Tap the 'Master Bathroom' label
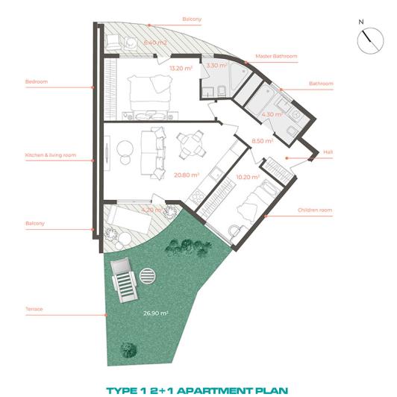(x=276, y=57)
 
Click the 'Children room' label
(x=314, y=210)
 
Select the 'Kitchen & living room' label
(x=47, y=156)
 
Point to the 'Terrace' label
(x=34, y=307)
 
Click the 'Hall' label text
(x=328, y=152)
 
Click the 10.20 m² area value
(x=247, y=178)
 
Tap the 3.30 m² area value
(x=216, y=66)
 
